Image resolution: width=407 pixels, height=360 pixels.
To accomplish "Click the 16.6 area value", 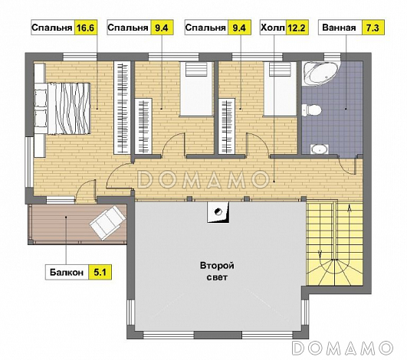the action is click(86, 28).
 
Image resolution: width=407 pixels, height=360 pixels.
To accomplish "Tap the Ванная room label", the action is click(339, 28).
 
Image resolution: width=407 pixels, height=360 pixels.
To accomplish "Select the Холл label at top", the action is click(273, 28).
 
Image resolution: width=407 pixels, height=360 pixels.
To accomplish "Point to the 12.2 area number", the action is click(297, 28).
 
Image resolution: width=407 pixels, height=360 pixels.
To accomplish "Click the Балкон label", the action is click(67, 273).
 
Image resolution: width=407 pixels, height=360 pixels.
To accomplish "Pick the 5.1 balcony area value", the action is click(100, 273).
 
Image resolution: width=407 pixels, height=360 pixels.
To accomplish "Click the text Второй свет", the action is click(217, 271).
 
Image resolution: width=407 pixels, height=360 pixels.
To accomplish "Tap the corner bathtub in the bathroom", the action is click(321, 73).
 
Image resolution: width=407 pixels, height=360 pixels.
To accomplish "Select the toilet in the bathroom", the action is click(312, 110).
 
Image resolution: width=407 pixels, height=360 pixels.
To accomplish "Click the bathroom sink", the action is click(320, 149).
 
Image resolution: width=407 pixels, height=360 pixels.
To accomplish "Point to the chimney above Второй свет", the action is click(218, 212).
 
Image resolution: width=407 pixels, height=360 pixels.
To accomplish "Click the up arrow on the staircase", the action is click(350, 208).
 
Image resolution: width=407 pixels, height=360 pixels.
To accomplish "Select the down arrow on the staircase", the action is click(320, 254).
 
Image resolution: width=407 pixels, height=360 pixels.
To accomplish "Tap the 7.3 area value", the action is click(373, 28).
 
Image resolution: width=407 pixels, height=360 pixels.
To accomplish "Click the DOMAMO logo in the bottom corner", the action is click(343, 348).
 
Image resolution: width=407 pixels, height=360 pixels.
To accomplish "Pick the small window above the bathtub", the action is click(332, 56).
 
